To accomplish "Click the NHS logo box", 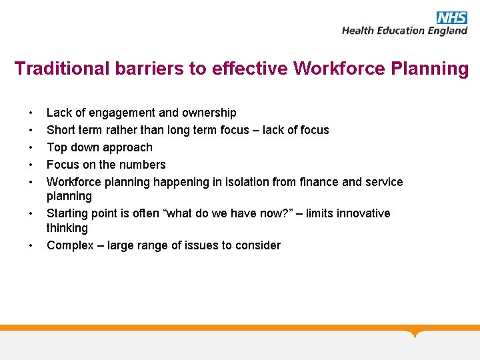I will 452,17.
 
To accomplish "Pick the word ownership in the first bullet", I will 208,113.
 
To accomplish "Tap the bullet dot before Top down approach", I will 31,148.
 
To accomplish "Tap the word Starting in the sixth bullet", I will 68,213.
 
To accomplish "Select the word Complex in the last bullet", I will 69,245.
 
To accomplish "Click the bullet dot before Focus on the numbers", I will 31,165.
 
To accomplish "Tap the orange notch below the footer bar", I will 416,333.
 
